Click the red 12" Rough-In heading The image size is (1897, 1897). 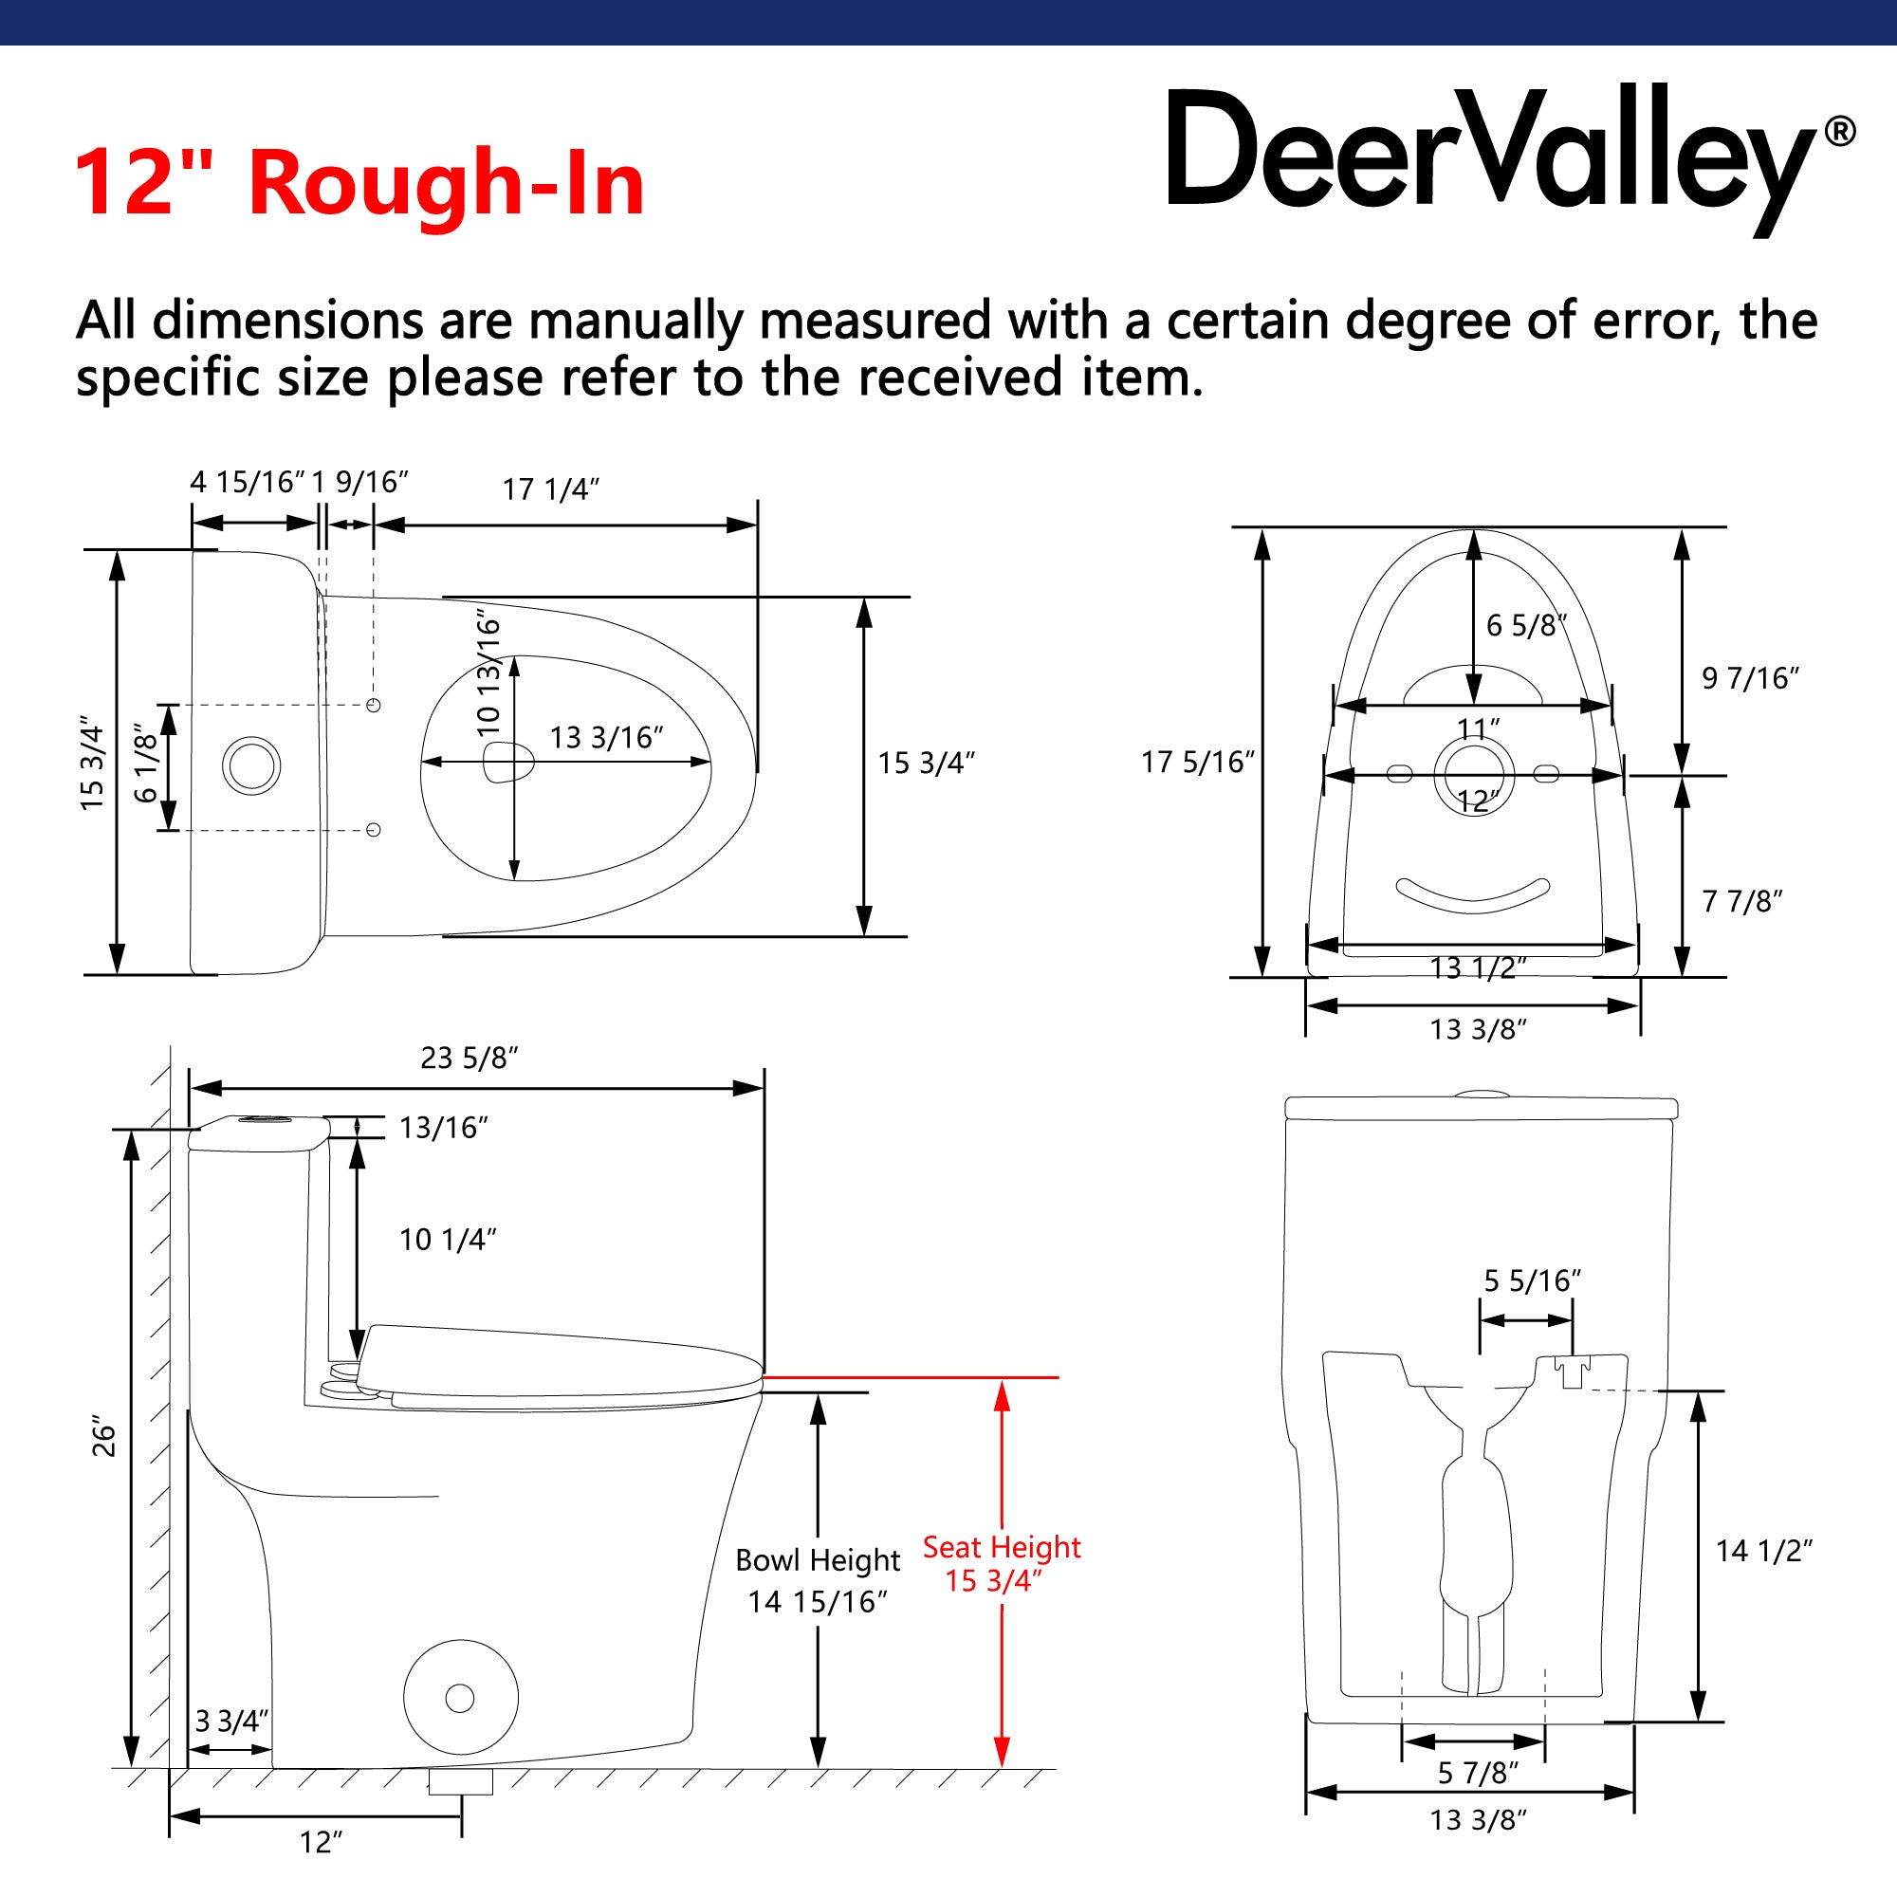point(359,183)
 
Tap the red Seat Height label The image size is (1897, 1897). point(1002,1547)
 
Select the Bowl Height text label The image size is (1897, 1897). point(818,1560)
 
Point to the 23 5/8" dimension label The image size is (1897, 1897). point(470,1058)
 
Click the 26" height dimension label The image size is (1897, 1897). point(103,1435)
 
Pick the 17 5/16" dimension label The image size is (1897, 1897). point(1198,762)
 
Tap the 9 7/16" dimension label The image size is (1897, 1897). point(1751,677)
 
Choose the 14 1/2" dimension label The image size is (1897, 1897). point(1763,1551)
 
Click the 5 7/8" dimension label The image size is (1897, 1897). point(1478,1773)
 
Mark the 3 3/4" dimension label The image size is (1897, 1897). point(231,1721)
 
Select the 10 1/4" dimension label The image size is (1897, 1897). point(448,1239)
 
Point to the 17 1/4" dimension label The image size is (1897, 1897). point(551,489)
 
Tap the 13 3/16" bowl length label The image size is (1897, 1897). point(607,737)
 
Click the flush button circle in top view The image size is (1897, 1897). point(251,765)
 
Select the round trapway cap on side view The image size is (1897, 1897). point(461,1697)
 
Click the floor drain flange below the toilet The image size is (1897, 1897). point(461,1781)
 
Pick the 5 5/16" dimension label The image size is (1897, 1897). point(1532,1280)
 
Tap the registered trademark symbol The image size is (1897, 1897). point(1840,132)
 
